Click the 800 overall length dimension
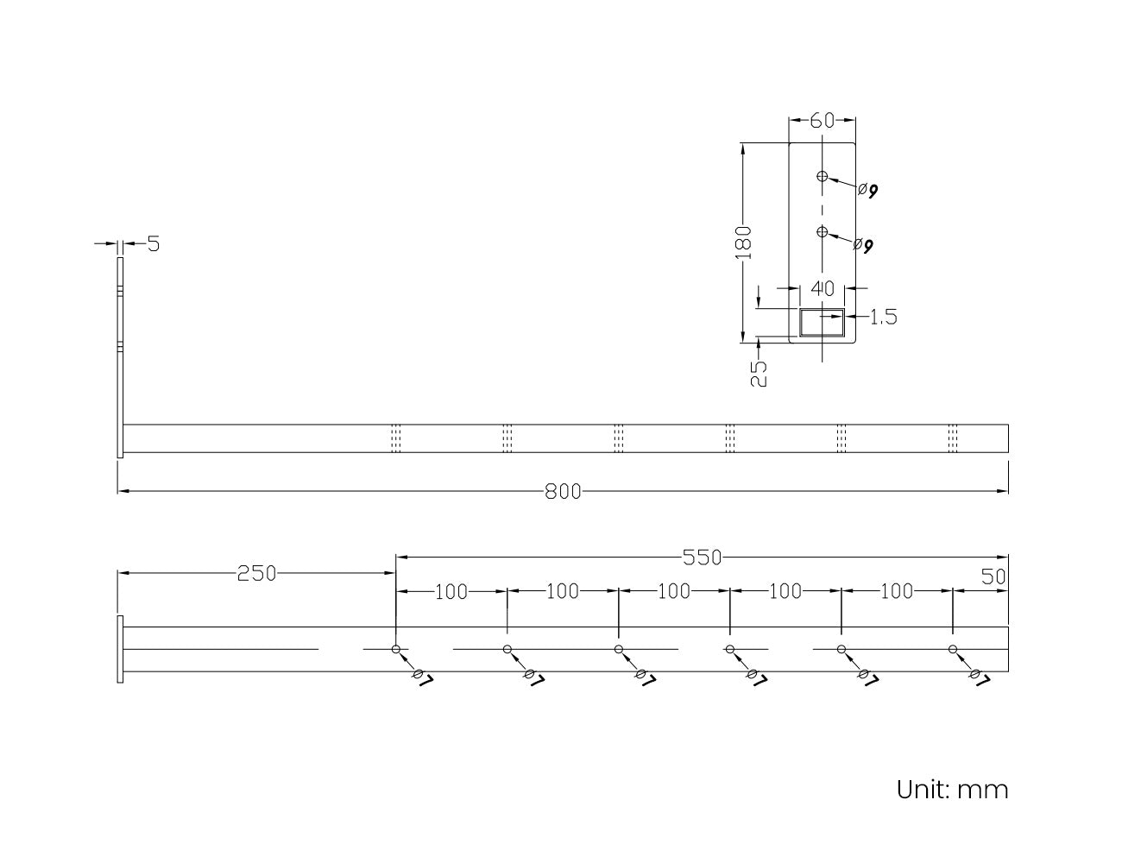pyautogui.click(x=563, y=492)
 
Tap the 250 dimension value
pyautogui.click(x=256, y=573)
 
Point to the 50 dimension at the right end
pyautogui.click(x=993, y=576)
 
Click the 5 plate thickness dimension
pyautogui.click(x=154, y=244)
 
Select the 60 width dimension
pyautogui.click(x=822, y=121)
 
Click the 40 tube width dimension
pyautogui.click(x=823, y=288)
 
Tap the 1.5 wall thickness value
pyautogui.click(x=882, y=318)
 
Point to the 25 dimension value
pyautogui.click(x=759, y=373)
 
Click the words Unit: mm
pyautogui.click(x=952, y=789)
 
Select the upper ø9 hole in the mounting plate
pyautogui.click(x=823, y=177)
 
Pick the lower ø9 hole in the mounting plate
pyautogui.click(x=823, y=231)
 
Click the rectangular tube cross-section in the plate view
pyautogui.click(x=822, y=323)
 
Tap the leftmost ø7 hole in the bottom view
pyautogui.click(x=395, y=649)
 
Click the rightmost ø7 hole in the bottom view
pyautogui.click(x=952, y=649)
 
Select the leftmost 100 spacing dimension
pyautogui.click(x=451, y=592)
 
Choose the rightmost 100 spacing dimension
pyautogui.click(x=897, y=592)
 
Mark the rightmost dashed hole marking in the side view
pyautogui.click(x=953, y=438)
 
